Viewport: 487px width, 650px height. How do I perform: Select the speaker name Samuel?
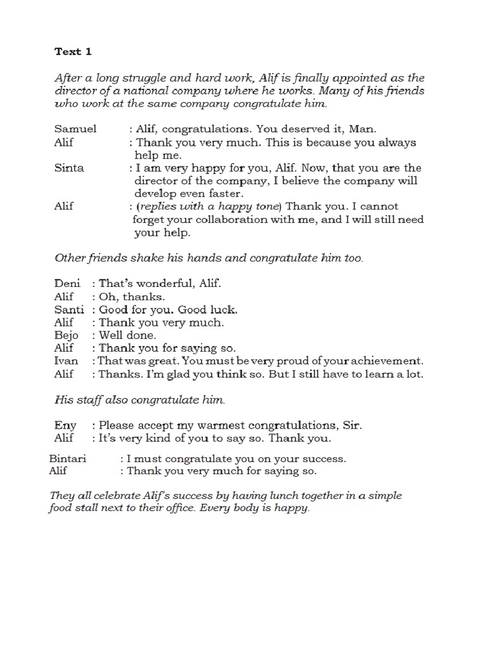[75, 129]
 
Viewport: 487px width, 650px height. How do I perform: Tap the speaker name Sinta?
[69, 168]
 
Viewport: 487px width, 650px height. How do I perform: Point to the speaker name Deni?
[67, 284]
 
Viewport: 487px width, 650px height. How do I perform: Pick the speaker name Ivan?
[67, 361]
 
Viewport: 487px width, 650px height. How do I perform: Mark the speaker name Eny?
[65, 425]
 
